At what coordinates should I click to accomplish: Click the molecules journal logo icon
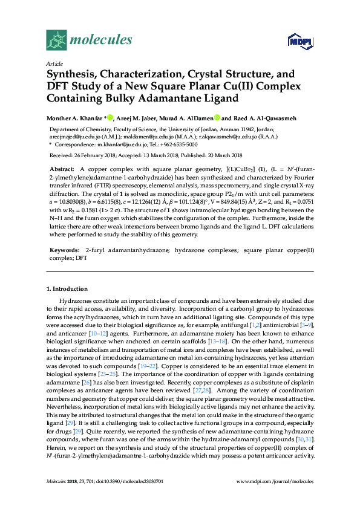pos(56,41)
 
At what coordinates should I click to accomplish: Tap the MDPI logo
pos(295,41)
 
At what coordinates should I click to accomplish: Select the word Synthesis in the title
pos(75,74)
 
